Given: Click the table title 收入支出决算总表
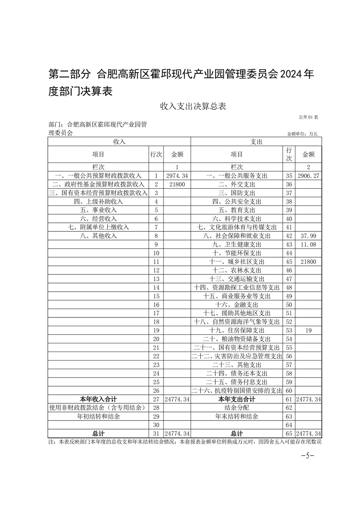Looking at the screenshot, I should coord(192,107).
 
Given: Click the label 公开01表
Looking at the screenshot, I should coord(308,117).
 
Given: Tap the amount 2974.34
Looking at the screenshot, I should coord(177,176).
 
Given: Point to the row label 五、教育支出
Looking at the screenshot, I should coord(237,210).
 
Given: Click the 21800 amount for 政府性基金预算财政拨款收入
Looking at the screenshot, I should coord(177,184).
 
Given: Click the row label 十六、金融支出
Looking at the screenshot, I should coord(237,304).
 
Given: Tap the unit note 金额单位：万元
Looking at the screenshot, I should coord(302,134).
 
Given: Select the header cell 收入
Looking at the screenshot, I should coord(119,142).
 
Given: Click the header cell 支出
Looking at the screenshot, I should coord(256,142).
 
